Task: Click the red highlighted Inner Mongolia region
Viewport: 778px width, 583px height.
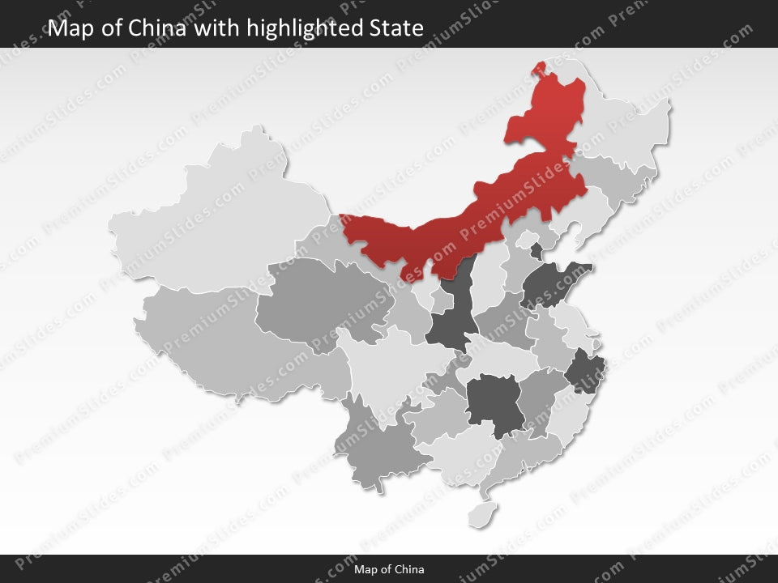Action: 454,227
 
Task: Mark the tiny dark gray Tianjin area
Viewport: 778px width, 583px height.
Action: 536,252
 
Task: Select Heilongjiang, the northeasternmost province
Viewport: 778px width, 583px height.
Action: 624,121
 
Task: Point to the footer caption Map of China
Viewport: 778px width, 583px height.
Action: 389,569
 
